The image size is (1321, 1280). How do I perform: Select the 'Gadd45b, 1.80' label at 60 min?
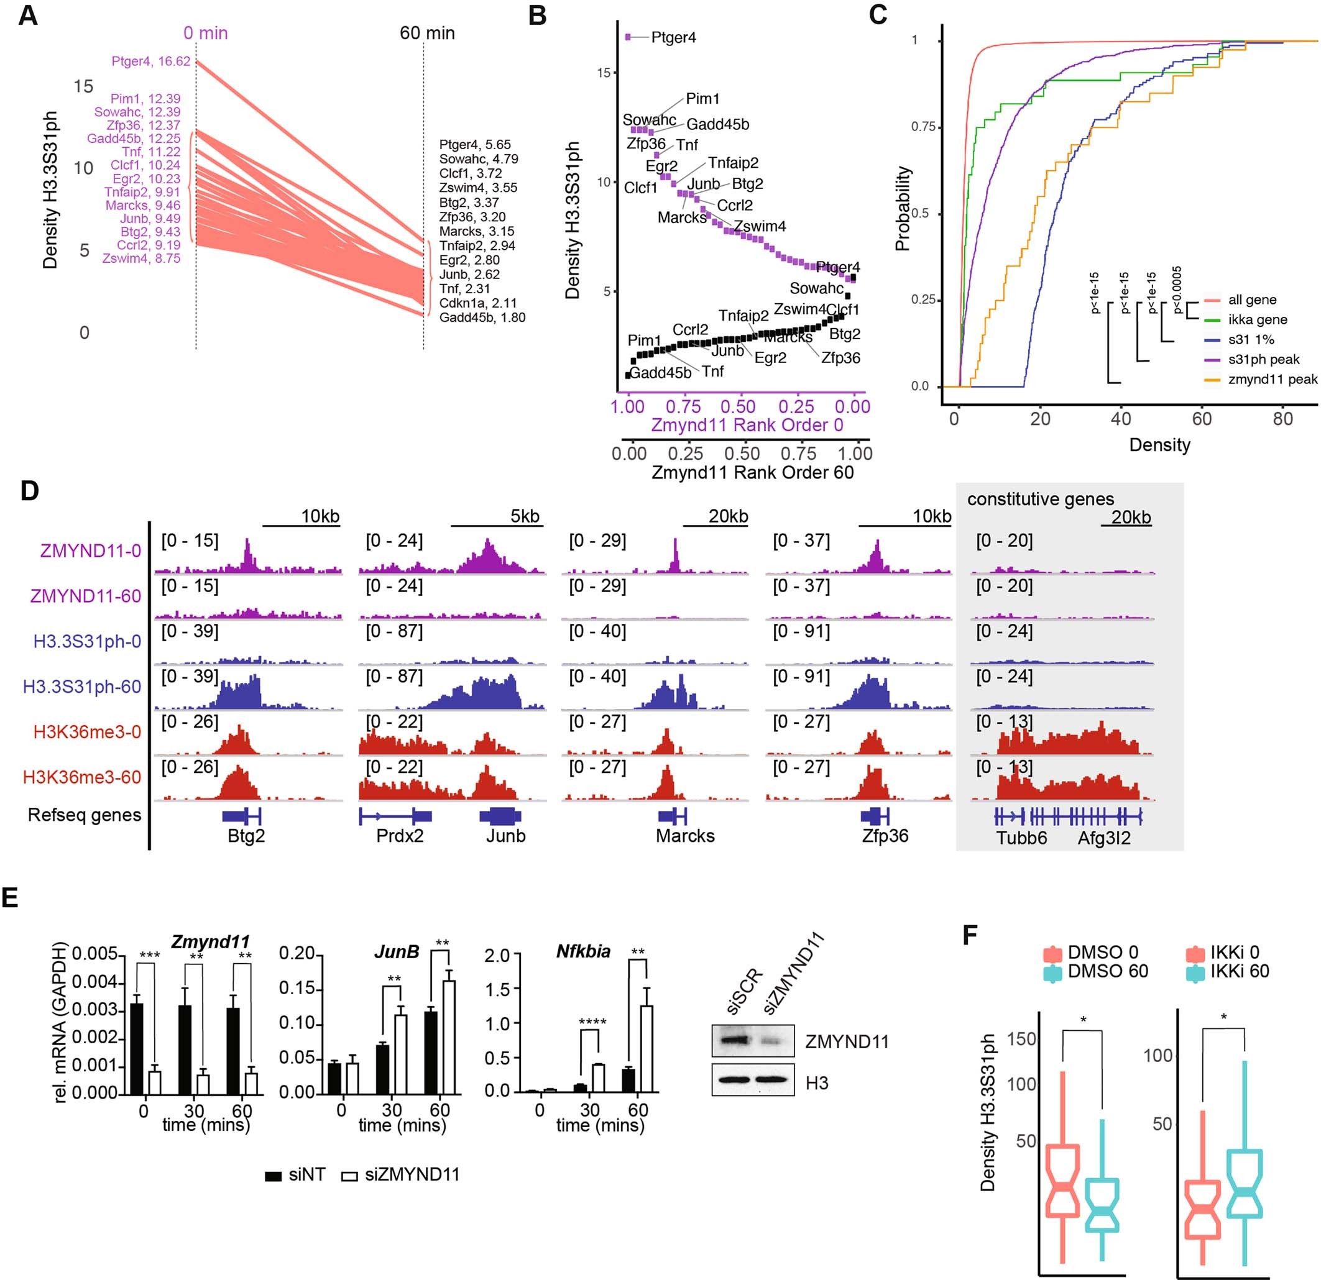[x=482, y=318]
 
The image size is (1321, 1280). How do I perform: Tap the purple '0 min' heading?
[x=206, y=33]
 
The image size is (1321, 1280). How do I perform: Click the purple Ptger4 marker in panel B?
[x=628, y=37]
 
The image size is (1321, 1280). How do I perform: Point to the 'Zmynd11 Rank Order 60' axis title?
[x=752, y=472]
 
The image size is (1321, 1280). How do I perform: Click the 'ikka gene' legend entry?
[x=1257, y=319]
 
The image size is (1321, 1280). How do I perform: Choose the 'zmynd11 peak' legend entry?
[x=1272, y=379]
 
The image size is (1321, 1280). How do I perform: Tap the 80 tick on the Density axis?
[x=1282, y=418]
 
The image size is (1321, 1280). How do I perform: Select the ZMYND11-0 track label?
[x=90, y=551]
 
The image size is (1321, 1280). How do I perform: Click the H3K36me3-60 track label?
[x=81, y=777]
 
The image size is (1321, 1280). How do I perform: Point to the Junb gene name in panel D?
[x=505, y=835]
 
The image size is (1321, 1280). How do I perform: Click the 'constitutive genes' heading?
[x=1040, y=499]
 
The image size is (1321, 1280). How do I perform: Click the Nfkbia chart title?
[x=583, y=951]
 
